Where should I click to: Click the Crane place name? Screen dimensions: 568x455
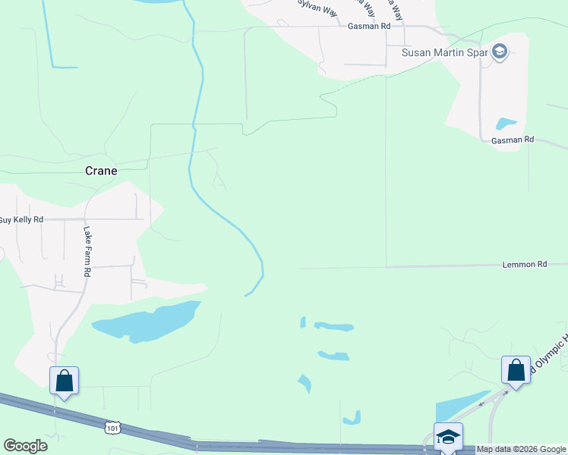coord(101,171)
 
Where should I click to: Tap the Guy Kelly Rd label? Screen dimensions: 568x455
coord(21,220)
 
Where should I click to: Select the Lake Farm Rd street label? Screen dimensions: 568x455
coord(87,251)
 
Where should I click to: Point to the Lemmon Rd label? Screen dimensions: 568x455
coord(524,265)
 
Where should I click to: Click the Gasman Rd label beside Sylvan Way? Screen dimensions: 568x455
coord(368,26)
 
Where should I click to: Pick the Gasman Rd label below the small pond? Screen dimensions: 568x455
coord(513,140)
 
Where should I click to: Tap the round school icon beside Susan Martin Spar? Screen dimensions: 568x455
coord(499,52)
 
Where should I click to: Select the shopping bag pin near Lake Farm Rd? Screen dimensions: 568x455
coord(64,379)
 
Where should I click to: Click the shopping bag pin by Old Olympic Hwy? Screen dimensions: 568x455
coord(516,371)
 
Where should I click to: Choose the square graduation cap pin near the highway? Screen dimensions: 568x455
coord(448,437)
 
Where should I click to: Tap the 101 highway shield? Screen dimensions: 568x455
coord(112,429)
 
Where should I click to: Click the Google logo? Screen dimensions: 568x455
coord(25,446)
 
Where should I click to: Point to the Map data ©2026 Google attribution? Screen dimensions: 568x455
coord(521,450)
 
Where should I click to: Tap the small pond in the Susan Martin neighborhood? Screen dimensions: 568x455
coord(506,123)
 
